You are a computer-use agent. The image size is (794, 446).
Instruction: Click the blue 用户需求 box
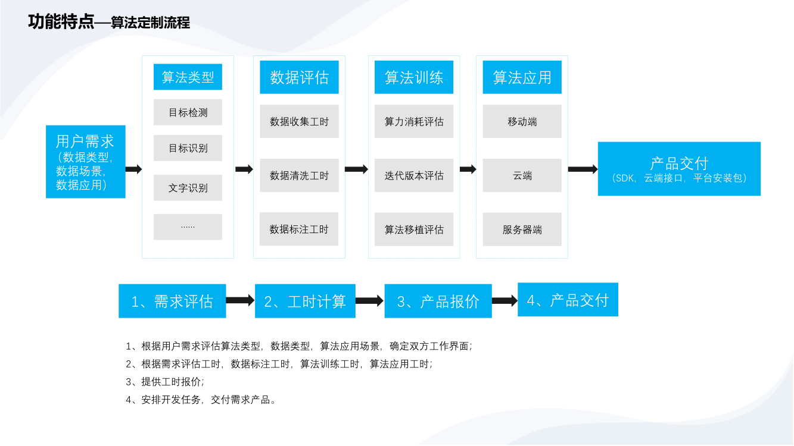85,161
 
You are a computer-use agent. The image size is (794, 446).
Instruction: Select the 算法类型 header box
188,77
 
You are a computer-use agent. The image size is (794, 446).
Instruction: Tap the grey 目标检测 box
188,112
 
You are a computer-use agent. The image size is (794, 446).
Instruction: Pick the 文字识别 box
188,188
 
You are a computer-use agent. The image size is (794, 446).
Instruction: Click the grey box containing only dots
188,227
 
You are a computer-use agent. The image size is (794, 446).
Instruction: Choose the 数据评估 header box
299,77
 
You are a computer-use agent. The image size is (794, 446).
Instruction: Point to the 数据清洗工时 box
299,175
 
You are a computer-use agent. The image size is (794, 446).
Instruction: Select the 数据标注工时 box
299,229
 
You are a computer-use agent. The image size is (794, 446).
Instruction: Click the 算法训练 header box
414,77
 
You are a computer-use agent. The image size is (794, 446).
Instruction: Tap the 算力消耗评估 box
414,121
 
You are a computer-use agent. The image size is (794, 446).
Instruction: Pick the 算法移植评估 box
414,230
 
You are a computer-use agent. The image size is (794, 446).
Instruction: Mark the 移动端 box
522,121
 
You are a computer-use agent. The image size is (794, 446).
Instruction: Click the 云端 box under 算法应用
522,175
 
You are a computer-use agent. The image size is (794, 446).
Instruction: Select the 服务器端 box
522,230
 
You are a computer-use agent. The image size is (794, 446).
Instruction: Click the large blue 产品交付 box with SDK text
679,168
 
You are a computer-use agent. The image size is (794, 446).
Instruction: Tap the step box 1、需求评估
172,301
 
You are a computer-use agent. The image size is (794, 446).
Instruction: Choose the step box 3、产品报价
438,301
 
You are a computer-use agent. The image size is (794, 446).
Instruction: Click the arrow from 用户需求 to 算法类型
133,169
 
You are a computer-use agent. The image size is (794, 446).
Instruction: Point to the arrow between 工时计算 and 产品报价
369,301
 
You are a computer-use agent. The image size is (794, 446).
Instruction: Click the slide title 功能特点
61,23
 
